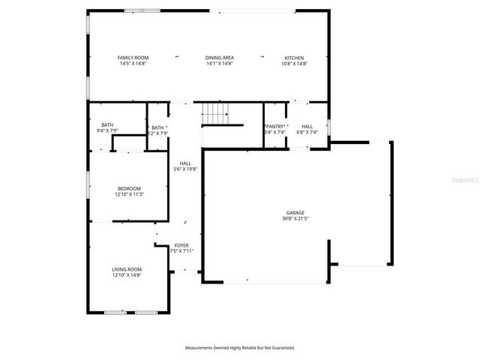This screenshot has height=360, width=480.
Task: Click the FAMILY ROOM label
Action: pos(133,58)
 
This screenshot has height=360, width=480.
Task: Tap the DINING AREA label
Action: pos(220,58)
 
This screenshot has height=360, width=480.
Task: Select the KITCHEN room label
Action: pos(295,58)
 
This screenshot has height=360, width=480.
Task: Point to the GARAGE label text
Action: pos(295,212)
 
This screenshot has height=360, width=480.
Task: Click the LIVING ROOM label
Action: pos(127,269)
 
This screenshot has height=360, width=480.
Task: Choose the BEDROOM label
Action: pos(128,188)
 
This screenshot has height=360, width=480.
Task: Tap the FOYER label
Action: pos(181,245)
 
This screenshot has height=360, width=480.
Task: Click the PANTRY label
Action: pos(275,127)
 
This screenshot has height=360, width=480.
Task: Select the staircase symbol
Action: pos(214,114)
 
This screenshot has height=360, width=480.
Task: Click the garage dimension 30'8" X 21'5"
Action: pos(295,219)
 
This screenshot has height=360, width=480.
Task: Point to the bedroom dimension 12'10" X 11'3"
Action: pos(128,194)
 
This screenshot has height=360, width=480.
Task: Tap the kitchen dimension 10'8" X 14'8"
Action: pos(295,64)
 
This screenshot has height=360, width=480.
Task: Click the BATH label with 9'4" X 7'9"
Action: pos(108,124)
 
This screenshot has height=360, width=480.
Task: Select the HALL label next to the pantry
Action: pos(307,127)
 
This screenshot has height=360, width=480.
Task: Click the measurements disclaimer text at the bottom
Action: pos(240,347)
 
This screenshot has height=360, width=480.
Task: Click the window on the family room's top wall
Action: pos(143,10)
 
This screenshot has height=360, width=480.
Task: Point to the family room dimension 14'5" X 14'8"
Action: pos(133,64)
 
